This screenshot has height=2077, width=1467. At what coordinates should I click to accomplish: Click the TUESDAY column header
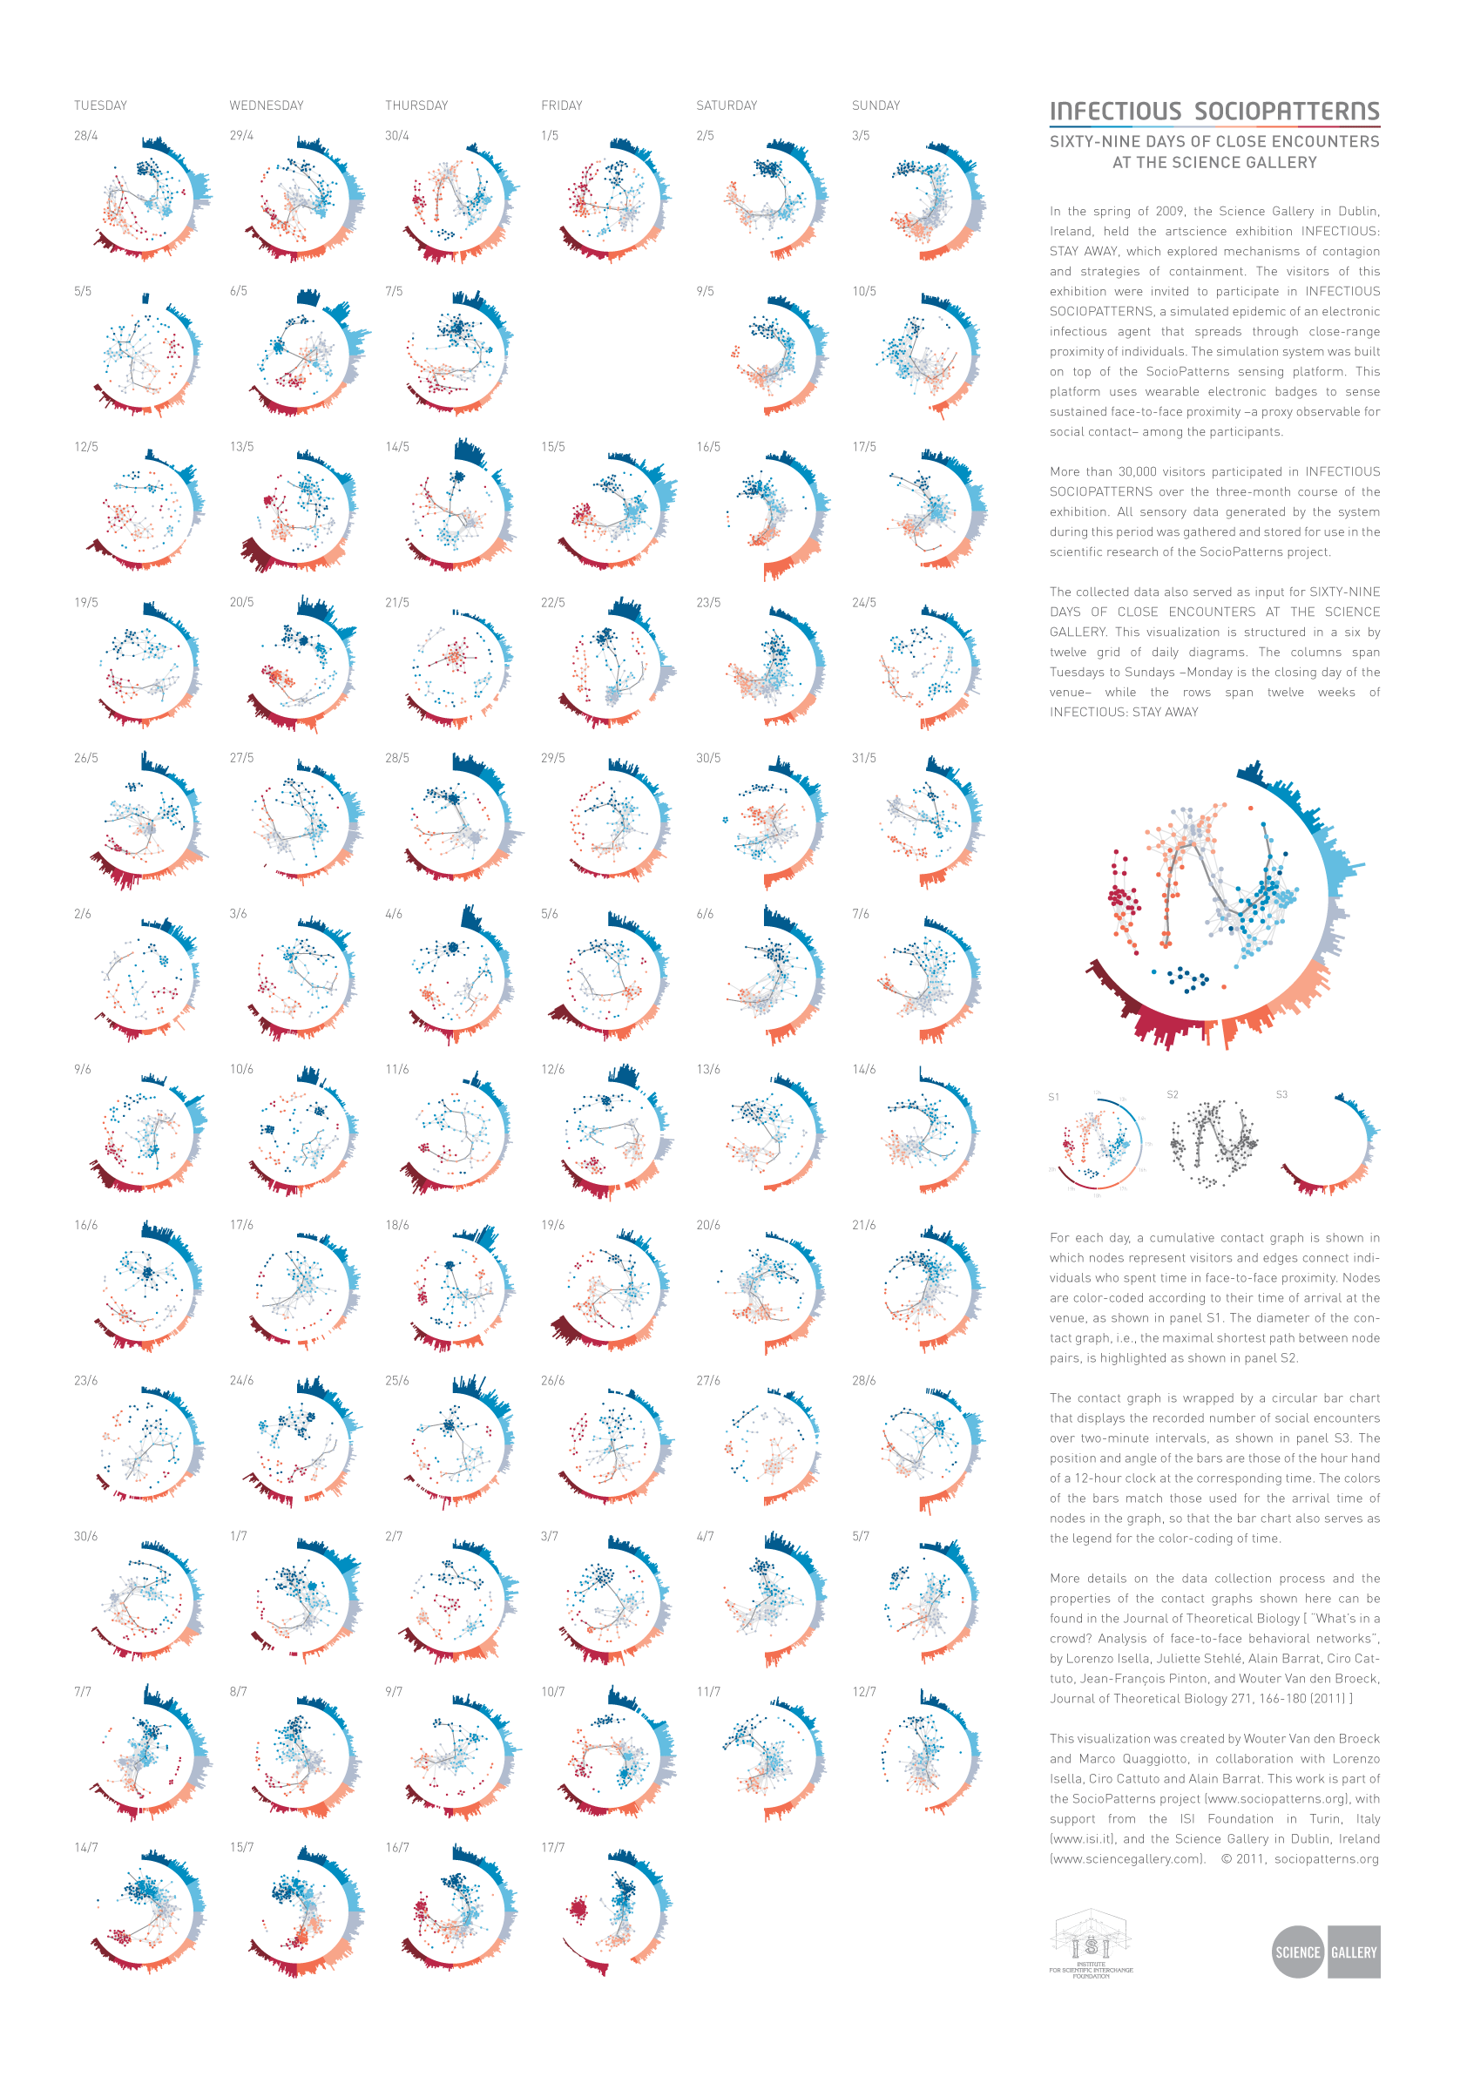pyautogui.click(x=100, y=105)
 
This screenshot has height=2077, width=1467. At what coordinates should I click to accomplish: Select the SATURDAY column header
pyautogui.click(x=727, y=105)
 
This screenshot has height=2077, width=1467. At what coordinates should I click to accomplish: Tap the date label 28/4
pyautogui.click(x=86, y=136)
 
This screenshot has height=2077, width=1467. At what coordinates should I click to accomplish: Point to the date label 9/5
pyautogui.click(x=705, y=291)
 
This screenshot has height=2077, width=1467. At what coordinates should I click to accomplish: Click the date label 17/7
pyautogui.click(x=551, y=1847)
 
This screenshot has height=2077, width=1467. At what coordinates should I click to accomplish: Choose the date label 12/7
pyautogui.click(x=864, y=1692)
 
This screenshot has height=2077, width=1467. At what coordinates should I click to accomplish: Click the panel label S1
pyautogui.click(x=1054, y=1097)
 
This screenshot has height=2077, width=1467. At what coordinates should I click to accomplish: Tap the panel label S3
pyautogui.click(x=1281, y=1094)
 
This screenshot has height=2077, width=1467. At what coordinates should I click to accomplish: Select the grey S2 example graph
pyautogui.click(x=1213, y=1141)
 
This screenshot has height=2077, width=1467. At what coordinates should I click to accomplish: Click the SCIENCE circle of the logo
pyautogui.click(x=1297, y=1952)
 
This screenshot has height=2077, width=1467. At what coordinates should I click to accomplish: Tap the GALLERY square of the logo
pyautogui.click(x=1354, y=1952)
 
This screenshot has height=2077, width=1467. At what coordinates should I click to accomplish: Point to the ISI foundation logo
pyautogui.click(x=1091, y=1944)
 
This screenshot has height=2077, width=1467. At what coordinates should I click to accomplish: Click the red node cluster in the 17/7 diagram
pyautogui.click(x=577, y=1909)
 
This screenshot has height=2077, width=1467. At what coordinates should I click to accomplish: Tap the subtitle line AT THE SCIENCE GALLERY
pyautogui.click(x=1213, y=163)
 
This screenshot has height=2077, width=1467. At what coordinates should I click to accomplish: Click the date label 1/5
pyautogui.click(x=549, y=136)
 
